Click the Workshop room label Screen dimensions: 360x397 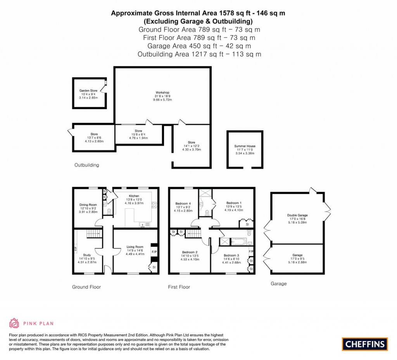coord(162,93)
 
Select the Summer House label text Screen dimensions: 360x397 coord(245,146)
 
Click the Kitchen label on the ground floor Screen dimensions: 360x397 coord(134,196)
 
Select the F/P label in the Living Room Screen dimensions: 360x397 coord(154,251)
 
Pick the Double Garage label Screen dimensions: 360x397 coord(297,215)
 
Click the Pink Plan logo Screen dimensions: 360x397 coord(31,323)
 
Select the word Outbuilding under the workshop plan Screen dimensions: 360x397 coord(86,165)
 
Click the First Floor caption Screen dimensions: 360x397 coord(179,287)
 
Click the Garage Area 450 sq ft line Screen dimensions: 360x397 coord(199,46)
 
